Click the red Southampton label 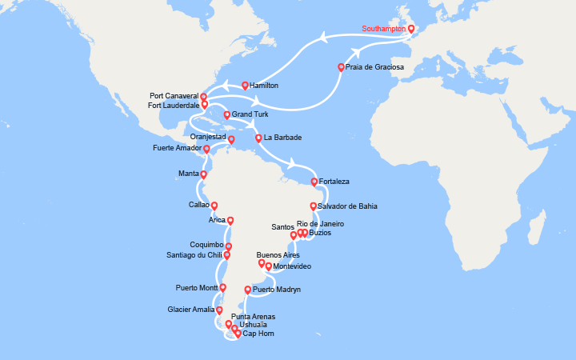(383, 29)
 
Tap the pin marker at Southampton (411, 30)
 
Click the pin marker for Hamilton (245, 85)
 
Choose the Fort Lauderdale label (174, 105)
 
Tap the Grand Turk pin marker (227, 114)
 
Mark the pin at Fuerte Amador (206, 149)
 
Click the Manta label (189, 174)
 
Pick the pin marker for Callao (214, 206)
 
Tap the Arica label (216, 221)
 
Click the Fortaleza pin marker (314, 182)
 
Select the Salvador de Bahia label (346, 206)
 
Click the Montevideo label (292, 266)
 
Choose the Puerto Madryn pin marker (247, 290)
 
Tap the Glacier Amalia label (191, 310)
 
